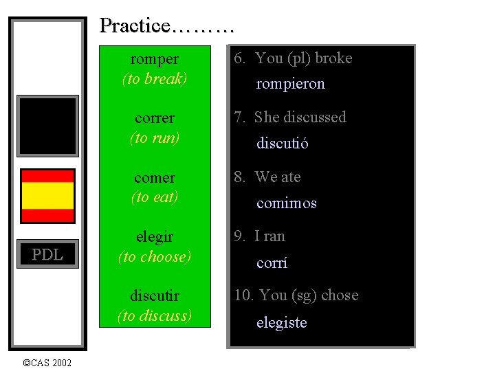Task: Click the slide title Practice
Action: (167, 26)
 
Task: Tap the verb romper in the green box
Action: (155, 59)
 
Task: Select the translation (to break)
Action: (155, 79)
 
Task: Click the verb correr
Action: (155, 118)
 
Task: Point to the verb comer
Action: (155, 178)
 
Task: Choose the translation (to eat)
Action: (155, 197)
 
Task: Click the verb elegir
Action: (155, 237)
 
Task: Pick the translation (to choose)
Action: (155, 257)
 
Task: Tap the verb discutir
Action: (155, 296)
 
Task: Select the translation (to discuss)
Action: (155, 316)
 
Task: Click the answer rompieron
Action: (290, 84)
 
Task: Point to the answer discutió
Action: (283, 144)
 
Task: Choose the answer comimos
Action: (287, 203)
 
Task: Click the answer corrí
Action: (272, 263)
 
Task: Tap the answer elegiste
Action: (281, 323)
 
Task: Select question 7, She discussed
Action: (290, 117)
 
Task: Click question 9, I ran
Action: (259, 236)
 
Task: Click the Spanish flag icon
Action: (47, 195)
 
